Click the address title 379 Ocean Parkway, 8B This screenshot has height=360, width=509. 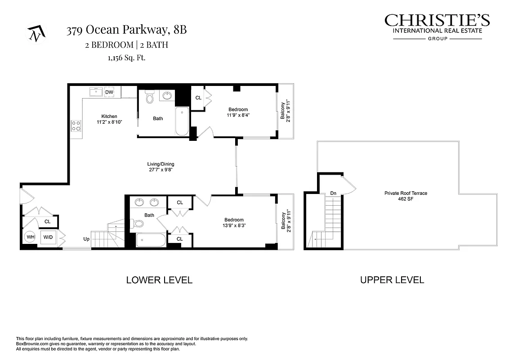(126, 31)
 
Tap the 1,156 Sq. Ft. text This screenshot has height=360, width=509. (126, 58)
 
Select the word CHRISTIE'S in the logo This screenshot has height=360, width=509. (437, 21)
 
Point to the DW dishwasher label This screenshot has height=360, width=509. (109, 92)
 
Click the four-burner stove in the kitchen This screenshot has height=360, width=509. (76, 125)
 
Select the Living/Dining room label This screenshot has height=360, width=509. (161, 164)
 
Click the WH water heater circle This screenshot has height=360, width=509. (31, 237)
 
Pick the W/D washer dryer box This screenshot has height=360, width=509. (48, 237)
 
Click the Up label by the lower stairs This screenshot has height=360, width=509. (85, 239)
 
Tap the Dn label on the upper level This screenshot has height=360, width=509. (333, 193)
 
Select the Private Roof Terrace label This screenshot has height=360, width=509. (406, 193)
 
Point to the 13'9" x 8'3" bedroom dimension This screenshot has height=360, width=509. (234, 225)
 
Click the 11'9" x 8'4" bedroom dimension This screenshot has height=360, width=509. (238, 115)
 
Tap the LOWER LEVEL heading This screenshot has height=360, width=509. (159, 280)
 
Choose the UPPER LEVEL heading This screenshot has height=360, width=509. (392, 280)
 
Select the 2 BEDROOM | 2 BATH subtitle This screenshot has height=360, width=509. (126, 45)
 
